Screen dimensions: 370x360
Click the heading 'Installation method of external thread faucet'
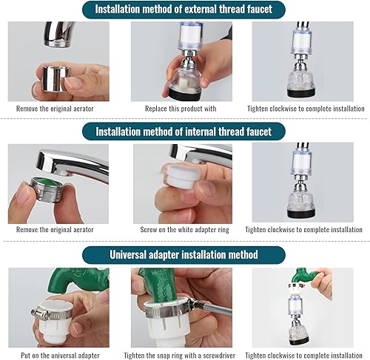click(184, 10)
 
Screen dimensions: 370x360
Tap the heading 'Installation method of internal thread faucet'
click(184, 132)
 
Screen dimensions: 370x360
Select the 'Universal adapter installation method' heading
click(184, 254)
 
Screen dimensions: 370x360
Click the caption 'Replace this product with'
click(181, 109)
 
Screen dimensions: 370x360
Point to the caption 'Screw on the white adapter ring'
click(184, 230)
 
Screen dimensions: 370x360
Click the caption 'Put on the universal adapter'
click(60, 356)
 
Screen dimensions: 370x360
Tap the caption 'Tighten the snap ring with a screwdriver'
click(180, 356)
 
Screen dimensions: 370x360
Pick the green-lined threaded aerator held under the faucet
click(47, 189)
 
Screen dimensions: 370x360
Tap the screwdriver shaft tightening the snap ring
click(215, 310)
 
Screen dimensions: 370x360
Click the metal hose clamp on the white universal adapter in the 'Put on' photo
click(51, 313)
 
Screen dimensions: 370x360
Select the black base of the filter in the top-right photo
click(301, 92)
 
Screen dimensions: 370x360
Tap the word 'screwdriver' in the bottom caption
click(219, 356)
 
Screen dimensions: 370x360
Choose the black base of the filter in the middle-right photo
click(301, 213)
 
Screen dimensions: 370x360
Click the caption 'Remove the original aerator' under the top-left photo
click(55, 109)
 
